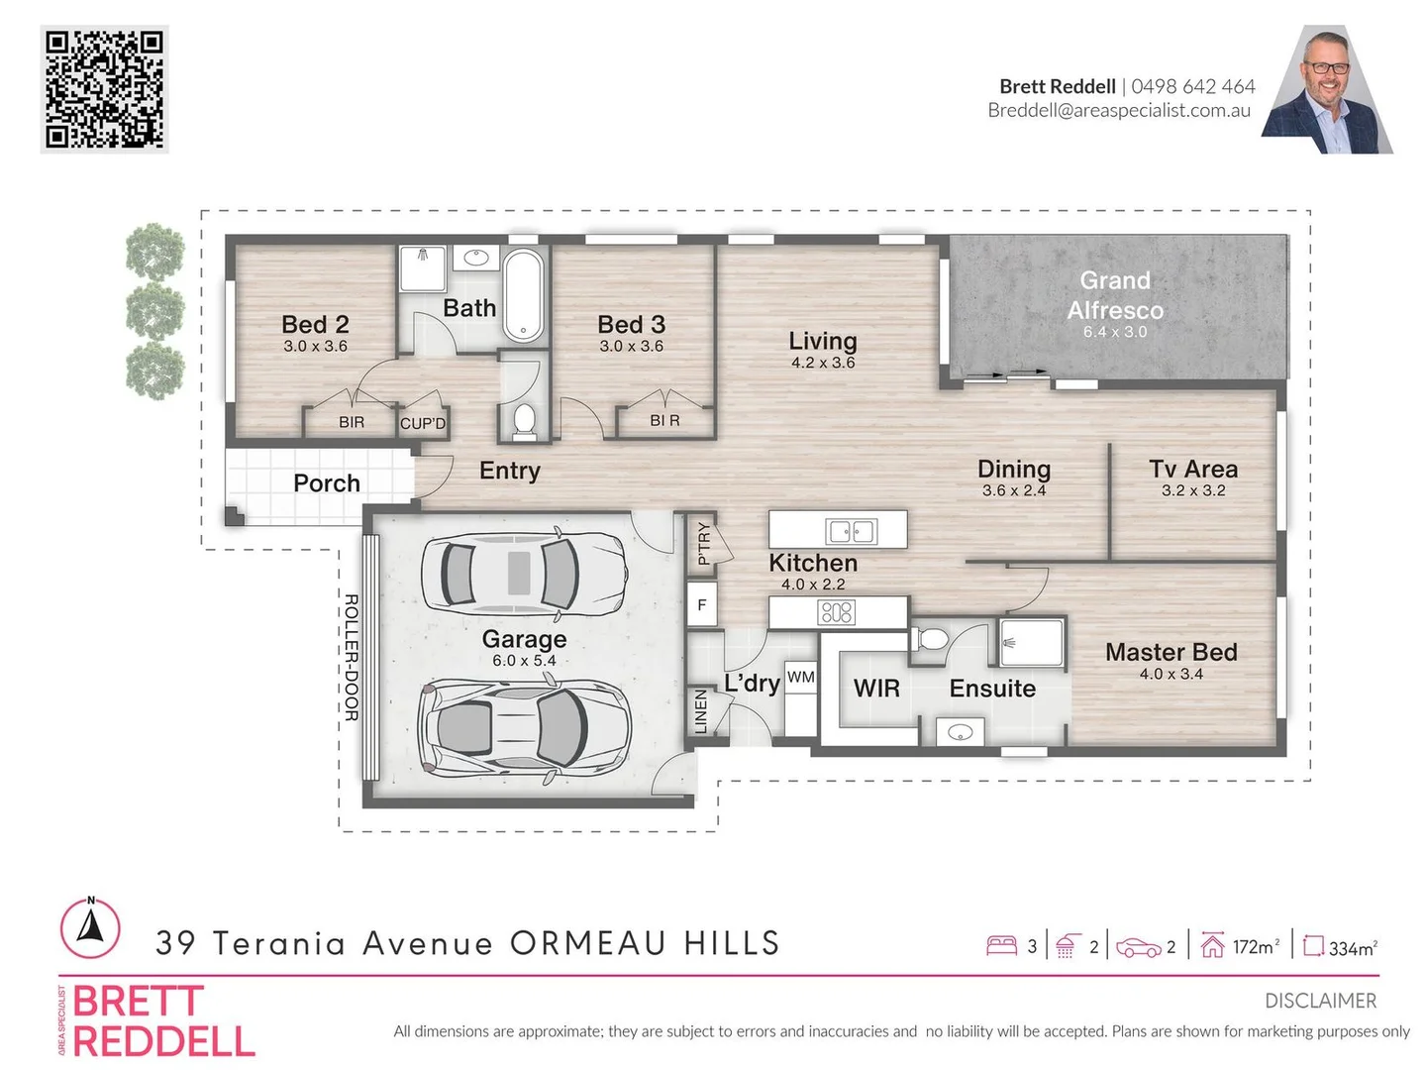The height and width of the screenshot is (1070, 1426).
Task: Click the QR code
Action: point(104,89)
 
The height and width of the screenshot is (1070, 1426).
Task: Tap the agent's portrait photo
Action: point(1327,89)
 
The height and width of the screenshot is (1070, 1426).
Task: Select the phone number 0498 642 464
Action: point(1192,86)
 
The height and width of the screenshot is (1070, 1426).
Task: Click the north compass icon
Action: point(90,928)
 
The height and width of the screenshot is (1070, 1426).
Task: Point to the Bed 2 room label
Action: point(315,324)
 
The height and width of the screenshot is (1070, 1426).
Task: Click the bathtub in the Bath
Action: point(523,295)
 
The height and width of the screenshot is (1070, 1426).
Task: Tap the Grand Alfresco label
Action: point(1115,295)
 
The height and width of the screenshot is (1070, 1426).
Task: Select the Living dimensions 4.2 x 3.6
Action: point(823,363)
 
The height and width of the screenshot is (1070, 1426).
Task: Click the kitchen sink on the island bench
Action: point(851,531)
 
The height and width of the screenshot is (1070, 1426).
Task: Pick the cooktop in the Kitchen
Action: point(836,612)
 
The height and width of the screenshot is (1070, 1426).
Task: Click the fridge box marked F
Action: point(702,604)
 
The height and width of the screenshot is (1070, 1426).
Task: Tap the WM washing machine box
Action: point(800,678)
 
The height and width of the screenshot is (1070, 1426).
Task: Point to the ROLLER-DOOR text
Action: point(351,658)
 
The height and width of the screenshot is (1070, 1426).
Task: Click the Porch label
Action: point(326,483)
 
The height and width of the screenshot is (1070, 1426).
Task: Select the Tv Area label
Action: point(1192,469)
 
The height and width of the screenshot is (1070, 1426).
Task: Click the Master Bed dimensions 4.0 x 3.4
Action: point(1171,675)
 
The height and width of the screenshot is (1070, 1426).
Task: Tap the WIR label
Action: point(876,688)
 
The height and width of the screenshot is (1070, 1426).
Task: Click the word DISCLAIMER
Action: point(1320,1001)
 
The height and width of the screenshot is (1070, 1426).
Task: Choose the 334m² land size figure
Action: point(1353,948)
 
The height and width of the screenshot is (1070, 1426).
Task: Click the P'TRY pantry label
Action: point(703,543)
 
